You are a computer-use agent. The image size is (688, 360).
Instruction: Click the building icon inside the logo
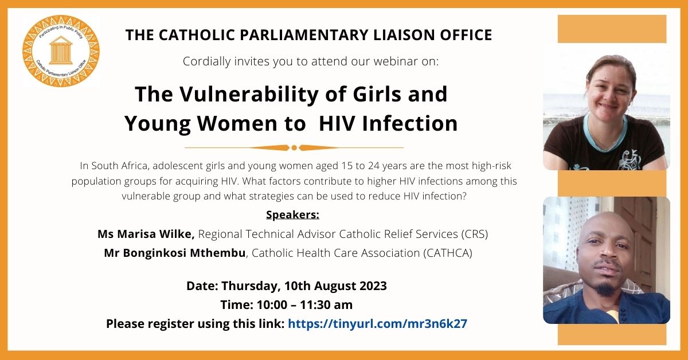pyautogui.click(x=61, y=51)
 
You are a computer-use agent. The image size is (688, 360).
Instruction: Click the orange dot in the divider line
pyautogui.click(x=294, y=147)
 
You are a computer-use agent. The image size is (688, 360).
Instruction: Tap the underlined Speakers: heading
pyautogui.click(x=292, y=215)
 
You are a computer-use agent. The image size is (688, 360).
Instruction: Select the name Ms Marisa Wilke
pyautogui.click(x=146, y=234)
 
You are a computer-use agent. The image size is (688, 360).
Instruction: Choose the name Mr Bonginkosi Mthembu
pyautogui.click(x=175, y=253)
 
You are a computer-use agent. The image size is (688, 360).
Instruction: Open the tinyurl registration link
pyautogui.click(x=377, y=323)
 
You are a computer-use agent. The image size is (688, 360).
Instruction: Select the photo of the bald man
pyautogui.click(x=606, y=260)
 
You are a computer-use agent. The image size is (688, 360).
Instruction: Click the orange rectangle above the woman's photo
pyautogui.click(x=612, y=29)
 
